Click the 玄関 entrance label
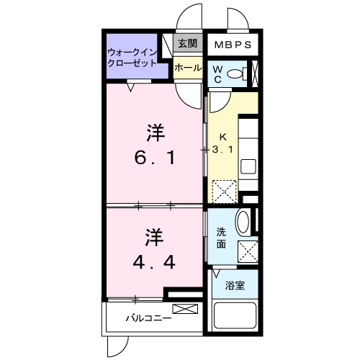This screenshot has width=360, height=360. point(188,43)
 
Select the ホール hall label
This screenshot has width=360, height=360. point(188,67)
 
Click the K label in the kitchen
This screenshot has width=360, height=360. point(223,136)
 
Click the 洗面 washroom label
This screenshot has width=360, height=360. point(222,238)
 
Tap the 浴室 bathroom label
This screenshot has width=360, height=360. point(235,285)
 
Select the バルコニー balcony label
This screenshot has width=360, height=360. point(148,318)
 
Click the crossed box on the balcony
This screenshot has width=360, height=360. point(184,310)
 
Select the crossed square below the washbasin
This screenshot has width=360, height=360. point(249,252)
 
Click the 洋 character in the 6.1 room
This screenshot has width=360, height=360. point(153,132)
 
